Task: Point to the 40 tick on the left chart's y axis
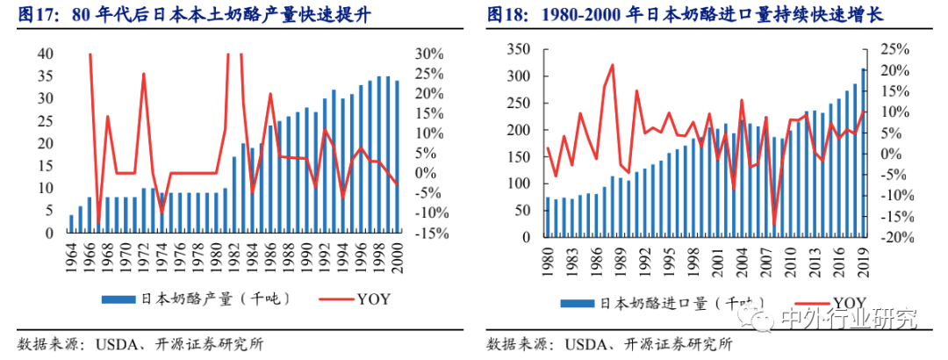(43, 54)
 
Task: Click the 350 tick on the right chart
(514, 49)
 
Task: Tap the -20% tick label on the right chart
(899, 237)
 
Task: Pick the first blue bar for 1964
(71, 224)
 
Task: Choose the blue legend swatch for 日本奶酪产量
(118, 299)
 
